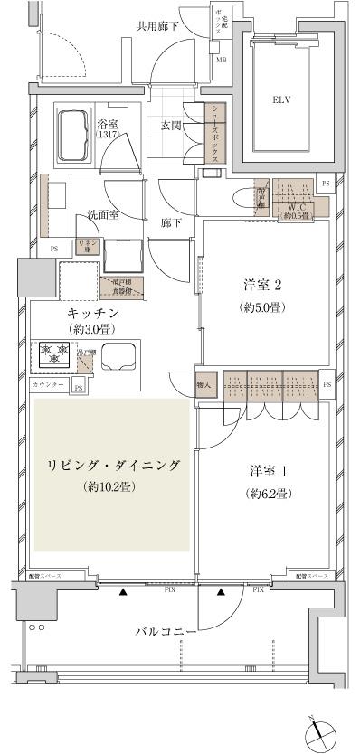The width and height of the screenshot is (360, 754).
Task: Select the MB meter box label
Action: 221,61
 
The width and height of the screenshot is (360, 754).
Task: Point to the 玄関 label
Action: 171,126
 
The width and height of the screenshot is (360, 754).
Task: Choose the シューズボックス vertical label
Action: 214,133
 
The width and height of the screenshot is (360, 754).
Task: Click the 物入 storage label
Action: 204,384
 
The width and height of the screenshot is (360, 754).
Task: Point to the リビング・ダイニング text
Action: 113,466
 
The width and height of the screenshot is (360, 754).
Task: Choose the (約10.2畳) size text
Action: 113,487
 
